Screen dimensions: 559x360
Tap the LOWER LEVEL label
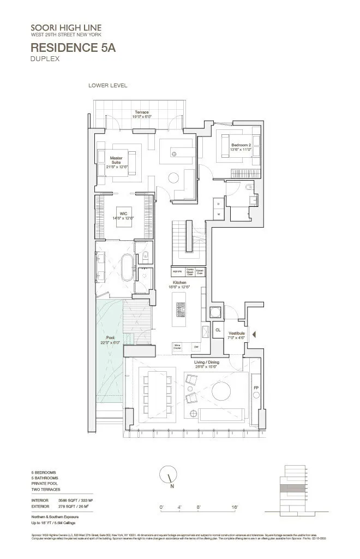107,85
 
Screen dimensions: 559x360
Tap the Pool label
111,340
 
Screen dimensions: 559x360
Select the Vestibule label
236,335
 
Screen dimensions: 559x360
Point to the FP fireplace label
256,388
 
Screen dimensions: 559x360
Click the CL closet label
218,330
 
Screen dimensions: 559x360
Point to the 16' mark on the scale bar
234,507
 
